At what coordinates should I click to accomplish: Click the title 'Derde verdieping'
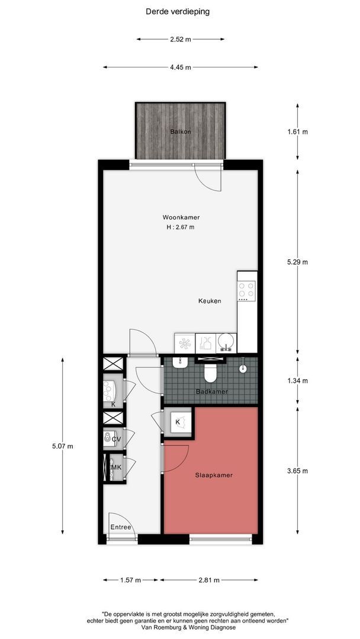point(177,11)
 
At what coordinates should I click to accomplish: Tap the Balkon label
point(181,131)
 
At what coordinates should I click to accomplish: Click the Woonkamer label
point(180,216)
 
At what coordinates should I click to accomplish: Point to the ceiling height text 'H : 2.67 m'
point(180,227)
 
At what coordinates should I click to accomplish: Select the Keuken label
point(210,301)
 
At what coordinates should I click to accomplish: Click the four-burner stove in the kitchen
point(246,289)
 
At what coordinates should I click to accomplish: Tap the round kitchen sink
point(225,342)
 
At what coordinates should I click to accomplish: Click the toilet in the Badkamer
point(210,373)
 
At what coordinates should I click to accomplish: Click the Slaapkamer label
point(214,475)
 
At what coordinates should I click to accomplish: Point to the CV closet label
point(116,440)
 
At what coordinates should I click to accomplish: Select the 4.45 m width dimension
point(180,67)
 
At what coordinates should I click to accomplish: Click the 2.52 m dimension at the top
point(180,40)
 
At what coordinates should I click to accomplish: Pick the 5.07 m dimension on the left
point(62,446)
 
